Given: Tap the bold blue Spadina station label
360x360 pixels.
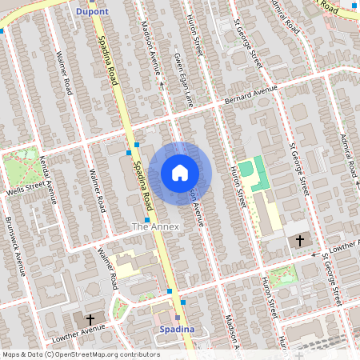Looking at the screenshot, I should pos(174,329).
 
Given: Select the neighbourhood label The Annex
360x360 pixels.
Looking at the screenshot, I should pos(156,227).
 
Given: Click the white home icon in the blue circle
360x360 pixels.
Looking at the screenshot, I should pos(180,173).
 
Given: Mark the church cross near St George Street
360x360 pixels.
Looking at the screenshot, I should pos(301,240).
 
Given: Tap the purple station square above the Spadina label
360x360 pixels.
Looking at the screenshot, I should pos(178,318).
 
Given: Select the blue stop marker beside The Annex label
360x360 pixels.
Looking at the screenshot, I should pos(148,218).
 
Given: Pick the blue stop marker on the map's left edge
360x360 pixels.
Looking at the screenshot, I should pos(2,30).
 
